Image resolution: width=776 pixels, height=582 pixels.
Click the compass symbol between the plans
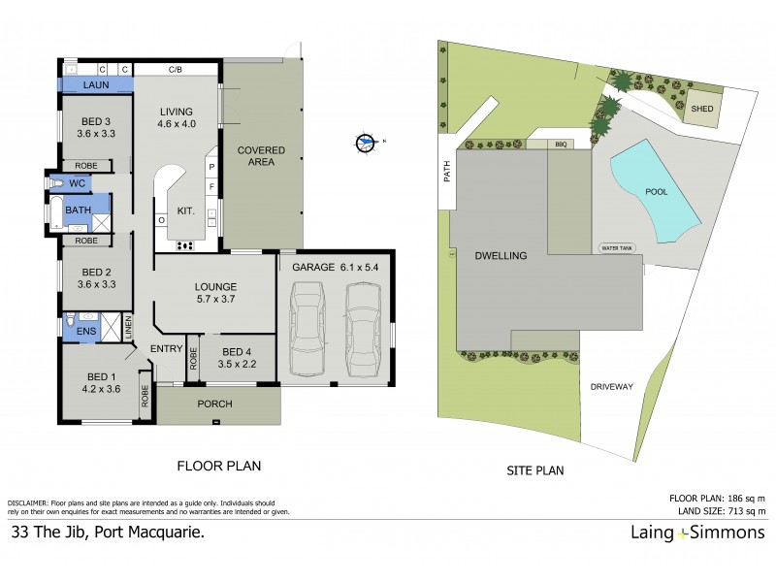(366, 143)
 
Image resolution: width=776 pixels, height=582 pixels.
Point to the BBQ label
(560, 144)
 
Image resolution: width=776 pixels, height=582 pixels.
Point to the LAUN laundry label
(94, 85)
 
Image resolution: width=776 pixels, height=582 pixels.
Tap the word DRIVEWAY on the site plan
(611, 386)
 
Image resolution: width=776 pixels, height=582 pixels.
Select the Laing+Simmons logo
(695, 532)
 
